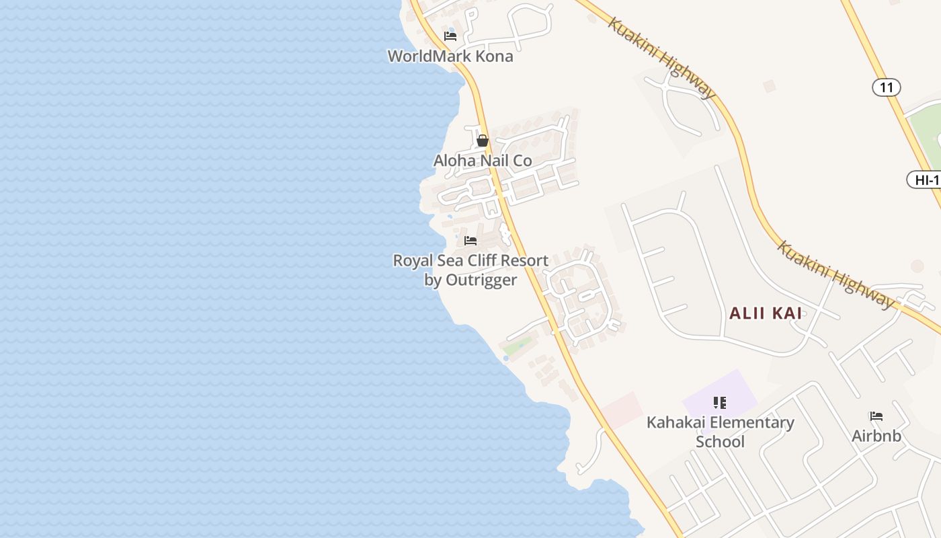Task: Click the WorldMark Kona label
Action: point(450,56)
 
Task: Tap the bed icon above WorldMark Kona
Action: point(450,36)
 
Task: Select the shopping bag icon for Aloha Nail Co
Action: point(483,141)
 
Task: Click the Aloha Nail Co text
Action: point(483,161)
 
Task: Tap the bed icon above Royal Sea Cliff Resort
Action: point(470,240)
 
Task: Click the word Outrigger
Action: point(481,280)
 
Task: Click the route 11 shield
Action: point(887,87)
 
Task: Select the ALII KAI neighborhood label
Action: point(766,313)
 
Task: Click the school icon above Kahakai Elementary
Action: point(720,403)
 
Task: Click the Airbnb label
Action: point(876,436)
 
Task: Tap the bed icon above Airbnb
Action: point(876,416)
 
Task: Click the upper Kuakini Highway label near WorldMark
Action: point(662,59)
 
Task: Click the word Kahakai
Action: point(676,422)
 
